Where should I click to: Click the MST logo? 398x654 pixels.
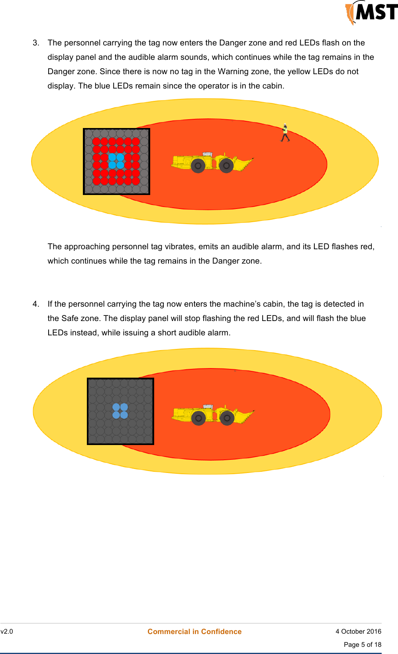(371, 12)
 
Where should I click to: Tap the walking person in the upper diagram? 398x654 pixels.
(285, 133)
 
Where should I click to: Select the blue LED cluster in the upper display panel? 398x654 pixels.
(116, 161)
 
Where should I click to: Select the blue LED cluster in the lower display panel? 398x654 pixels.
(120, 411)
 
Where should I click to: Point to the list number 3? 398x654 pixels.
(36, 43)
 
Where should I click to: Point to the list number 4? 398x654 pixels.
(36, 304)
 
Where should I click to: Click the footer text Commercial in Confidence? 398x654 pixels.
(194, 631)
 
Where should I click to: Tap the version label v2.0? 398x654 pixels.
(7, 631)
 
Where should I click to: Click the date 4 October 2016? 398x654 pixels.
(358, 631)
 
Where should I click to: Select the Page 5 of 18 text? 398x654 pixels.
(362, 644)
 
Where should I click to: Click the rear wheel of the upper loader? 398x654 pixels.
(198, 165)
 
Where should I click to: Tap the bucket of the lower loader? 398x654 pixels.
(245, 415)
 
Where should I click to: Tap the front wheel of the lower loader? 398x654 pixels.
(227, 418)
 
